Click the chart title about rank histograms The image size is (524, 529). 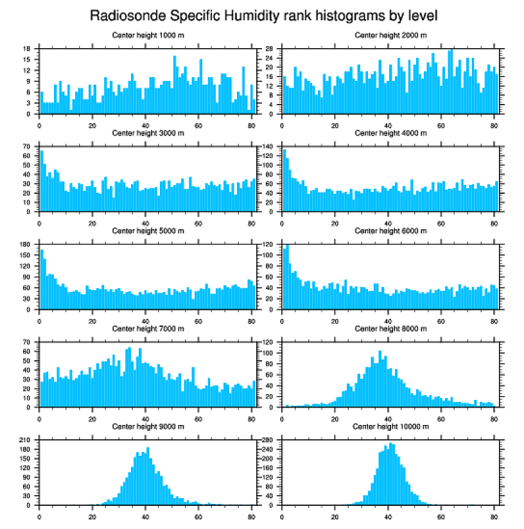[263, 15]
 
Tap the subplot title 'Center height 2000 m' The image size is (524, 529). [390, 35]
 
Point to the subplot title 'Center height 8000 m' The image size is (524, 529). [390, 329]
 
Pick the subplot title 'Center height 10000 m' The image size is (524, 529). [390, 426]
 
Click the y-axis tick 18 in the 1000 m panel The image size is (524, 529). [28, 49]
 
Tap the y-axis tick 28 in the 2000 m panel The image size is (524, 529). [270, 49]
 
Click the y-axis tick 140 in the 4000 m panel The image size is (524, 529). [269, 146]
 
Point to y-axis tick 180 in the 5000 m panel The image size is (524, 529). [26, 245]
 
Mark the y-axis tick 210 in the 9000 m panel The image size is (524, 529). [26, 440]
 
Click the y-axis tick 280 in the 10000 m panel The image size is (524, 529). [269, 440]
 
